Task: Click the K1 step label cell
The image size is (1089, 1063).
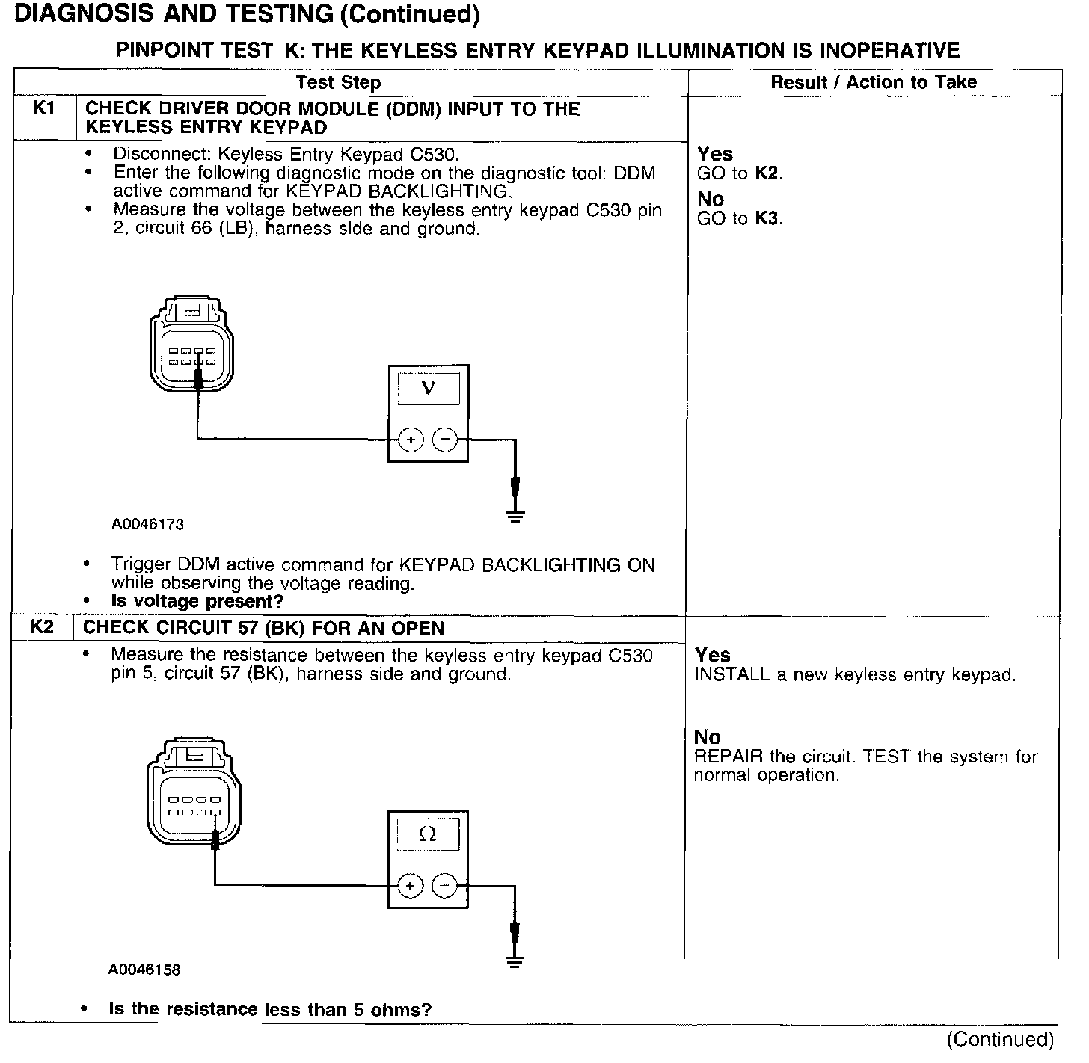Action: [x=44, y=109]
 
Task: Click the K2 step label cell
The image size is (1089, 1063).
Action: [x=42, y=627]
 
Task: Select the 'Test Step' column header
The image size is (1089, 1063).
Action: [x=338, y=82]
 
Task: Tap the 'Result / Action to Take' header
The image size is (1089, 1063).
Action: [x=874, y=82]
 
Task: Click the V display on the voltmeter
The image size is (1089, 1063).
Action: [x=428, y=389]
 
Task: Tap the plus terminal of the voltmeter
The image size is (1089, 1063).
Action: [x=411, y=440]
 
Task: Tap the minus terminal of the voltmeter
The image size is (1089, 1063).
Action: [x=446, y=440]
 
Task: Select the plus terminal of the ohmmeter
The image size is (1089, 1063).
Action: [x=410, y=886]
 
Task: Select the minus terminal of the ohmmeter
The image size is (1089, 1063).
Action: [x=445, y=886]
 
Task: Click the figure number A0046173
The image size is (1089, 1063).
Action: [x=147, y=524]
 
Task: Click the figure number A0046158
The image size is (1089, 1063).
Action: [x=144, y=970]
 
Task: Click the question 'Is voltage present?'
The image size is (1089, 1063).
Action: [x=197, y=601]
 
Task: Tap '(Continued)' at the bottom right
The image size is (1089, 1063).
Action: [x=1000, y=1040]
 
